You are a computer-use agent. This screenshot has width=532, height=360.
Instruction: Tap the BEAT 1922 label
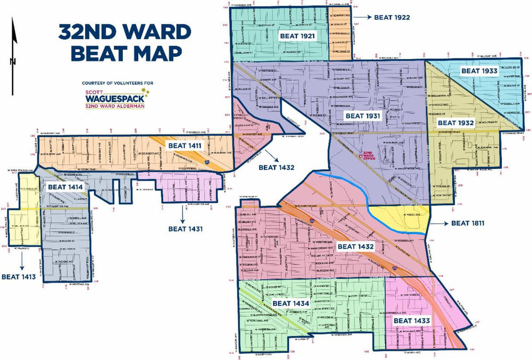click(x=392, y=17)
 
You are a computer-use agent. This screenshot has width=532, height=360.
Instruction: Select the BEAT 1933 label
click(x=479, y=70)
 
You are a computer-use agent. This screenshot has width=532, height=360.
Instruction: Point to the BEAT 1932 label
click(x=455, y=123)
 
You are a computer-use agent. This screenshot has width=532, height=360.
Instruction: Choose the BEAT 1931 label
click(x=363, y=115)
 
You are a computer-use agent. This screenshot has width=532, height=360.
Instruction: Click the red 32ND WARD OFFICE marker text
click(x=370, y=156)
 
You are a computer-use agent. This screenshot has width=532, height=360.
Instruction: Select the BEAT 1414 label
click(x=65, y=187)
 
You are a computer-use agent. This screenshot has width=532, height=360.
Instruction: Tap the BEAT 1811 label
click(x=468, y=223)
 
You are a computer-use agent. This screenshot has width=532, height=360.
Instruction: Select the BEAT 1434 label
click(x=290, y=303)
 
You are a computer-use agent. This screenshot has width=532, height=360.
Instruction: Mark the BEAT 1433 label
click(x=411, y=321)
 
